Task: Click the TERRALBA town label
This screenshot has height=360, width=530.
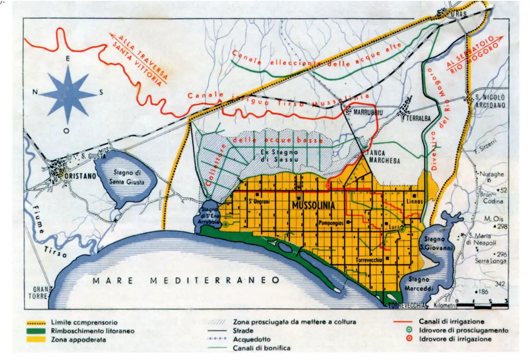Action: [x=420, y=113]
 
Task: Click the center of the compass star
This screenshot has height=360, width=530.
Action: [x=68, y=93]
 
